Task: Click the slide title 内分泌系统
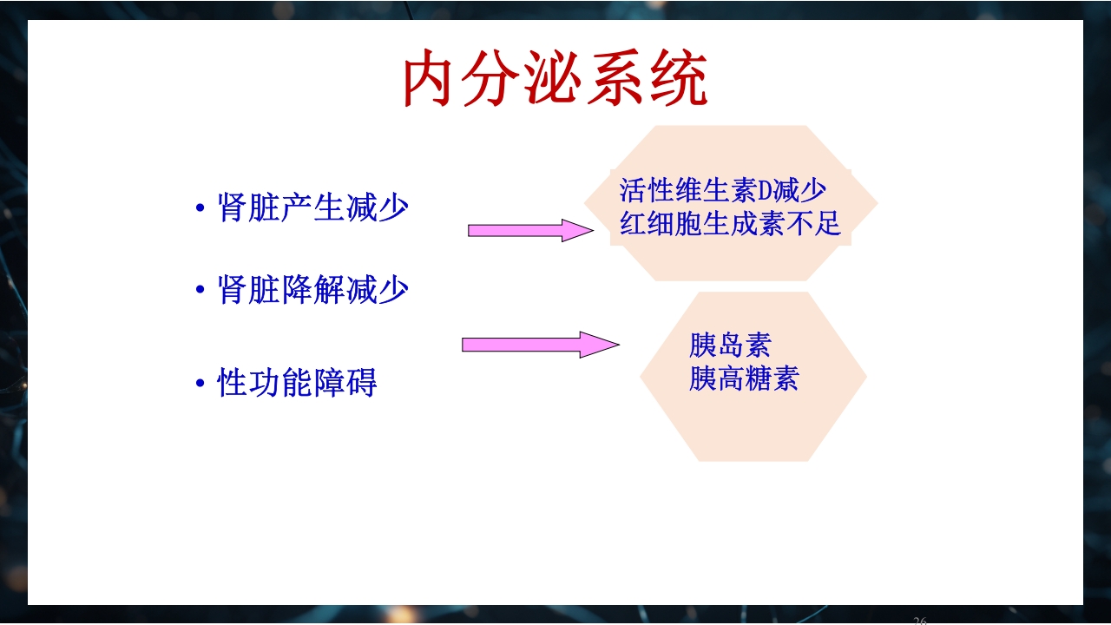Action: [x=555, y=80]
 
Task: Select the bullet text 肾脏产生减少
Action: [x=312, y=208]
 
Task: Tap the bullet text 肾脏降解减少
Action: [x=312, y=290]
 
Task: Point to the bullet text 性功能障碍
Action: [x=297, y=383]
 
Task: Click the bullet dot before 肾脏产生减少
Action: [x=201, y=209]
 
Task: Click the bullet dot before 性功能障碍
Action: [x=201, y=384]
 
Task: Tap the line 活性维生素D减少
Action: [x=722, y=190]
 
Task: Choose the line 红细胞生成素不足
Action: [x=730, y=223]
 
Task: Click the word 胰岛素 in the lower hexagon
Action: [x=730, y=345]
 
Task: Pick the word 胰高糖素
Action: [x=744, y=378]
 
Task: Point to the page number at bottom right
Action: [x=920, y=620]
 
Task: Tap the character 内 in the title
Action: [x=430, y=80]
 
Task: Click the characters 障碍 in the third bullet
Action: [x=345, y=383]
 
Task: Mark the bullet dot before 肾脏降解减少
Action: [x=201, y=291]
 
